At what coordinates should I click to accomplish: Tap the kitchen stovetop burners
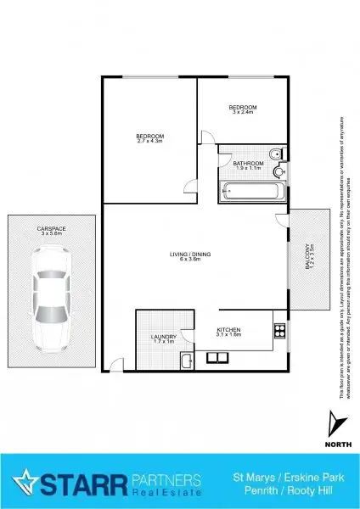(278, 332)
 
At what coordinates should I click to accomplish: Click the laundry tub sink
(185, 362)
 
